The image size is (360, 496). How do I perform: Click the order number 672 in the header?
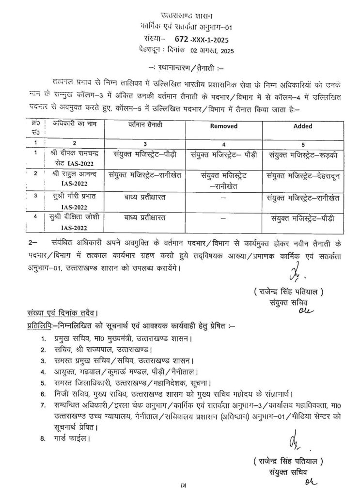pos(178,36)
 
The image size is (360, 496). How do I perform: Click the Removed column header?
pos(223,126)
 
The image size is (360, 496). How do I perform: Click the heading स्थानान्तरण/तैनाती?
pos(180,70)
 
